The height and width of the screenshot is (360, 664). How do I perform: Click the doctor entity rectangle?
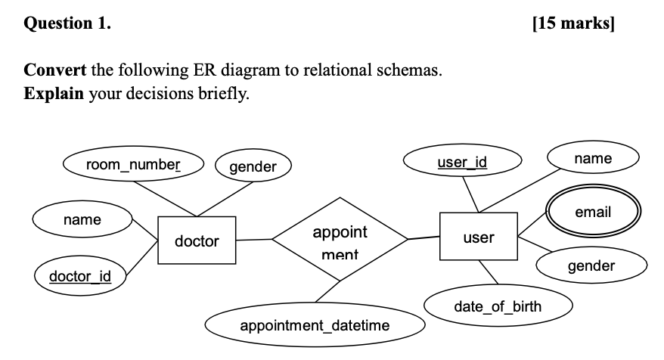click(197, 241)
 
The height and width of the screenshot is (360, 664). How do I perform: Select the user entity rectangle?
click(478, 237)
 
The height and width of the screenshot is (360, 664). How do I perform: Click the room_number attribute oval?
click(133, 164)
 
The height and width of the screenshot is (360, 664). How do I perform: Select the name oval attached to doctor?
click(82, 220)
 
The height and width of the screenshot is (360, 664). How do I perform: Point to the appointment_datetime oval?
click(315, 326)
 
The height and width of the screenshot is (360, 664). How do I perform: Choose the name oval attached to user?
click(593, 159)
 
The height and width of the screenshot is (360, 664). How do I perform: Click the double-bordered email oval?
click(593, 213)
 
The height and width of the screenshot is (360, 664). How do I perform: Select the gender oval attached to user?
click(591, 265)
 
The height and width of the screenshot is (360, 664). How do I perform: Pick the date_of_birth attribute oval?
click(498, 306)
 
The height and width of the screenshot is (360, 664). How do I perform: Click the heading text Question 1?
click(67, 23)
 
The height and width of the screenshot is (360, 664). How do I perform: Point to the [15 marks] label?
click(573, 23)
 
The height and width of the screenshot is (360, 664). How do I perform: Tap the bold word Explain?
click(54, 95)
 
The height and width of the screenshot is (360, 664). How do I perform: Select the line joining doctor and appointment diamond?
click(254, 240)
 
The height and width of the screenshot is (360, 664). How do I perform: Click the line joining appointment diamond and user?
click(424, 238)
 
